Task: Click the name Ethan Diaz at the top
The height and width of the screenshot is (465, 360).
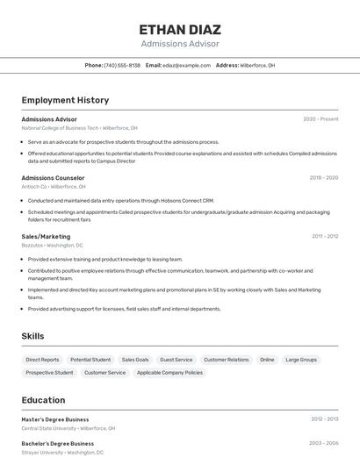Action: point(180,29)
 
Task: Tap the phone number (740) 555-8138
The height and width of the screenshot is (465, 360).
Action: point(122,65)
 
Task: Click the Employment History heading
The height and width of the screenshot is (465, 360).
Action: point(65,100)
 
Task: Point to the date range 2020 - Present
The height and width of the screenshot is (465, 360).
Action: point(320,119)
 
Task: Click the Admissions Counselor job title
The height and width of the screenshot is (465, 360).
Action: point(53,178)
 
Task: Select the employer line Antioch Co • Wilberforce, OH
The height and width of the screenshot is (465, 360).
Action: point(54,187)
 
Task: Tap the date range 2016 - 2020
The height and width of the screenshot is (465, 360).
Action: point(323,178)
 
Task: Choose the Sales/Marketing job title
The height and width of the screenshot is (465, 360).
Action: point(46,236)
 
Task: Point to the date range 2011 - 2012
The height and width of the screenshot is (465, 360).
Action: point(325,236)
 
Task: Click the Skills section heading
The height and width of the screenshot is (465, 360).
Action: point(32,336)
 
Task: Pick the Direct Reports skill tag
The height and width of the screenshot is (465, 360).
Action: point(43,360)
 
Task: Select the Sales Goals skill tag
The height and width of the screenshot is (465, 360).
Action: point(135,360)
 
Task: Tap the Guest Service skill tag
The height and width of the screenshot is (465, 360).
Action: point(176,360)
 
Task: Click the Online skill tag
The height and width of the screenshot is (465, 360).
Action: point(267,360)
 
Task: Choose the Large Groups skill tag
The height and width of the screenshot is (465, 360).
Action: point(301,360)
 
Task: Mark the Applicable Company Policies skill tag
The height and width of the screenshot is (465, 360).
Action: point(169,373)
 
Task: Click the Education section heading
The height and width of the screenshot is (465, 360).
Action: point(43,400)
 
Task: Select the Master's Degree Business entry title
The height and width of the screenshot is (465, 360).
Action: point(55,419)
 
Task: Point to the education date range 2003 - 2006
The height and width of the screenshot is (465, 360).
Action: point(323,444)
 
